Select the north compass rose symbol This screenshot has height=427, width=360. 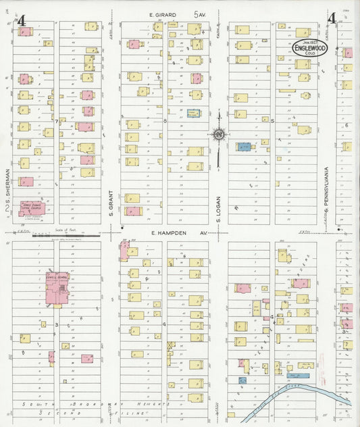(218, 134)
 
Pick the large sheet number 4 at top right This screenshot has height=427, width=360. (332, 18)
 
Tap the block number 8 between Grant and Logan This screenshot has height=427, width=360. (165, 120)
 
